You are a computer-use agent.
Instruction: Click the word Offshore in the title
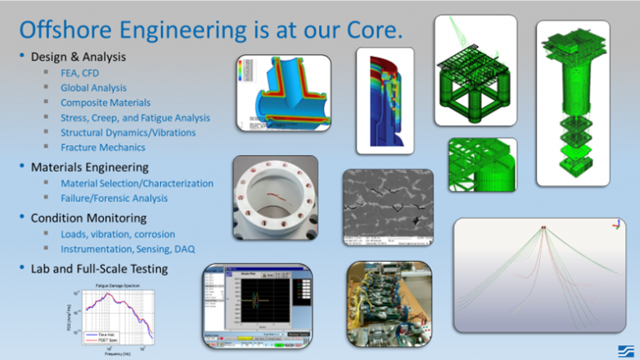[x=73, y=30]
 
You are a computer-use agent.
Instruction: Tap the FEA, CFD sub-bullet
[x=80, y=73]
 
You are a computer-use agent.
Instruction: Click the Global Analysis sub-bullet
[x=93, y=87]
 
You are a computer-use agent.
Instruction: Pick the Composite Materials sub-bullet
[x=106, y=102]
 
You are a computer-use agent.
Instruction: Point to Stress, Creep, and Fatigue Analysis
[x=135, y=117]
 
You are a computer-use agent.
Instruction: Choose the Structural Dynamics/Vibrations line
[x=128, y=132]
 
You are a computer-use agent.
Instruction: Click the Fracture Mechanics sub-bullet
[x=103, y=147]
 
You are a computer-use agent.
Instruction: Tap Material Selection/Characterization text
[x=137, y=183]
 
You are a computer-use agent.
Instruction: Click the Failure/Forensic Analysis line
[x=114, y=198]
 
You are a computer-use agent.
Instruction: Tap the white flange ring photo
[x=274, y=199]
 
